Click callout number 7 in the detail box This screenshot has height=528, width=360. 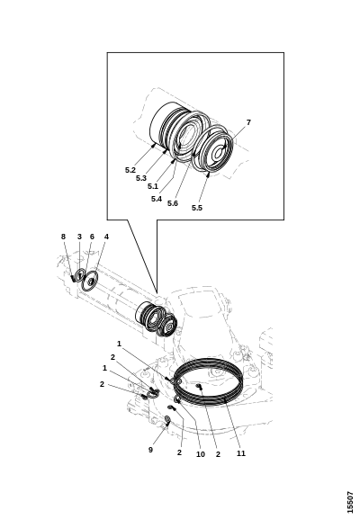click(x=248, y=122)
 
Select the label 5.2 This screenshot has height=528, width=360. click(x=130, y=170)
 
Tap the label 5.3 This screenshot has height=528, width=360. click(x=141, y=178)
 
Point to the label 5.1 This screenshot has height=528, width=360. click(x=153, y=186)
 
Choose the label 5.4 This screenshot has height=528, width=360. click(x=157, y=199)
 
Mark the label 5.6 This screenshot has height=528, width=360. click(x=173, y=203)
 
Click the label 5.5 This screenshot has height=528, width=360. click(x=197, y=208)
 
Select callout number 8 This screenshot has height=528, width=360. click(x=63, y=237)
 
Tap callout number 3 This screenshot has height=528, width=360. click(x=79, y=237)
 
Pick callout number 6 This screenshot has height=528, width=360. click(x=92, y=237)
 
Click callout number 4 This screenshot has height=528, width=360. click(x=106, y=237)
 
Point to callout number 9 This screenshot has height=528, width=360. click(x=150, y=450)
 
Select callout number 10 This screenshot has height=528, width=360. click(x=201, y=454)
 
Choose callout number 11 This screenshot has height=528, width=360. click(x=241, y=453)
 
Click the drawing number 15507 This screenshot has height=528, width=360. click(x=351, y=503)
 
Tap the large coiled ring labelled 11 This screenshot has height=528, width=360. click(x=208, y=403)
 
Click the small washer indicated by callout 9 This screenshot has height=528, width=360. click(x=166, y=419)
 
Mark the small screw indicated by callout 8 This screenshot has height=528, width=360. click(x=73, y=279)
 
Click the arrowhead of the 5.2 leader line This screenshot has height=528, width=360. click(x=154, y=145)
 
